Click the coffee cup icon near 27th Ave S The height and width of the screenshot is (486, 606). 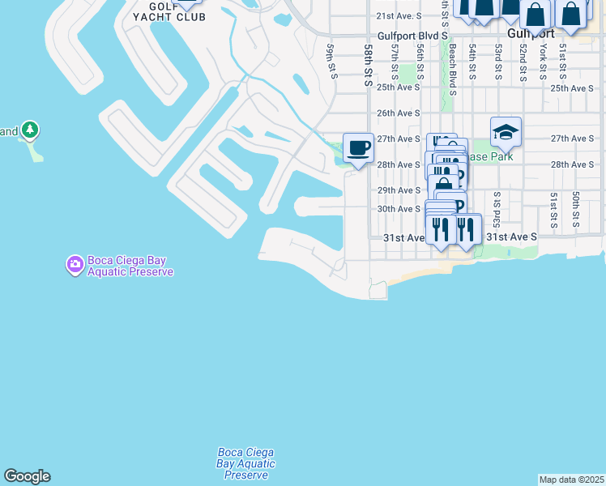(358, 148)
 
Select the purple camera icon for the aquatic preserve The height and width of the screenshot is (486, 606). (75, 264)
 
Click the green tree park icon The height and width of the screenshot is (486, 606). (30, 130)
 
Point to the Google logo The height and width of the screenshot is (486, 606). (27, 476)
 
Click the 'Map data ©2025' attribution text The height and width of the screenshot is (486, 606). (572, 480)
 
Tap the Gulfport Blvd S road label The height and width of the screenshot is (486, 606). (412, 36)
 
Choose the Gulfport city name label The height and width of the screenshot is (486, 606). (531, 34)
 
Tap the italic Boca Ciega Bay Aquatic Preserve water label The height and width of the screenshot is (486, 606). (246, 463)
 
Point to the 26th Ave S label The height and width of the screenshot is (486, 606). (396, 113)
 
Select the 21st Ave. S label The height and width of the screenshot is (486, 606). (399, 15)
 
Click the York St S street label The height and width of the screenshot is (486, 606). (543, 62)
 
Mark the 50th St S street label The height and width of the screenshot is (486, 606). (575, 209)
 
